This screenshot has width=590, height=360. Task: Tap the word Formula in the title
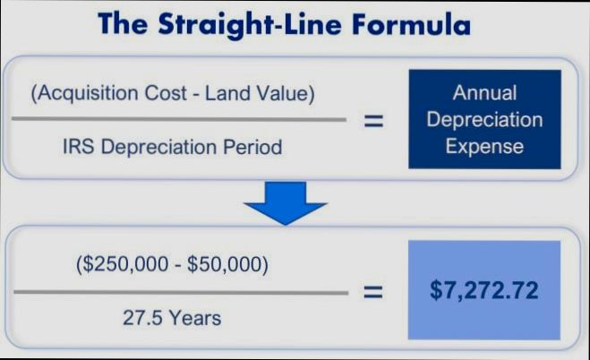point(414,23)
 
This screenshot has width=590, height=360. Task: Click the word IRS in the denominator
point(80,146)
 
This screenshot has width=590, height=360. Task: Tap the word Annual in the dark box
point(484,92)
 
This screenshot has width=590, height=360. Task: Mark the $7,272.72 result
point(484,291)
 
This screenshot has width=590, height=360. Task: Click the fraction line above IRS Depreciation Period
point(179,120)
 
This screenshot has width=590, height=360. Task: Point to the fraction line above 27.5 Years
point(179,292)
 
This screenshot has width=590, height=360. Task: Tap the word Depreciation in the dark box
point(484,118)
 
